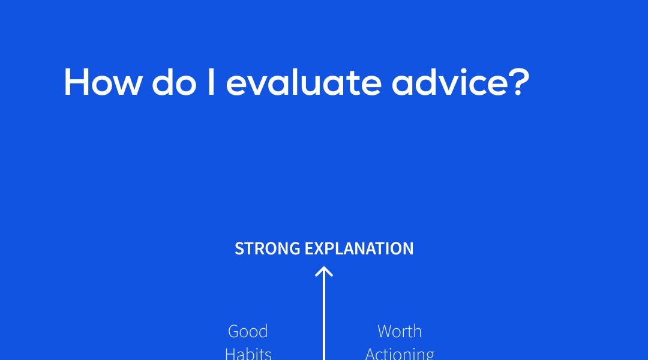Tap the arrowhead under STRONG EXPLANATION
pos(324,272)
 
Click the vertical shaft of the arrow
pos(324,318)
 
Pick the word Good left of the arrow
pos(248,331)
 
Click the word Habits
pos(248,353)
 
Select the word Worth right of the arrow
pos(400,331)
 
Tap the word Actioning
pos(400,353)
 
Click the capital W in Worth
pos(385,331)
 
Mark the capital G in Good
pos(234,331)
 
